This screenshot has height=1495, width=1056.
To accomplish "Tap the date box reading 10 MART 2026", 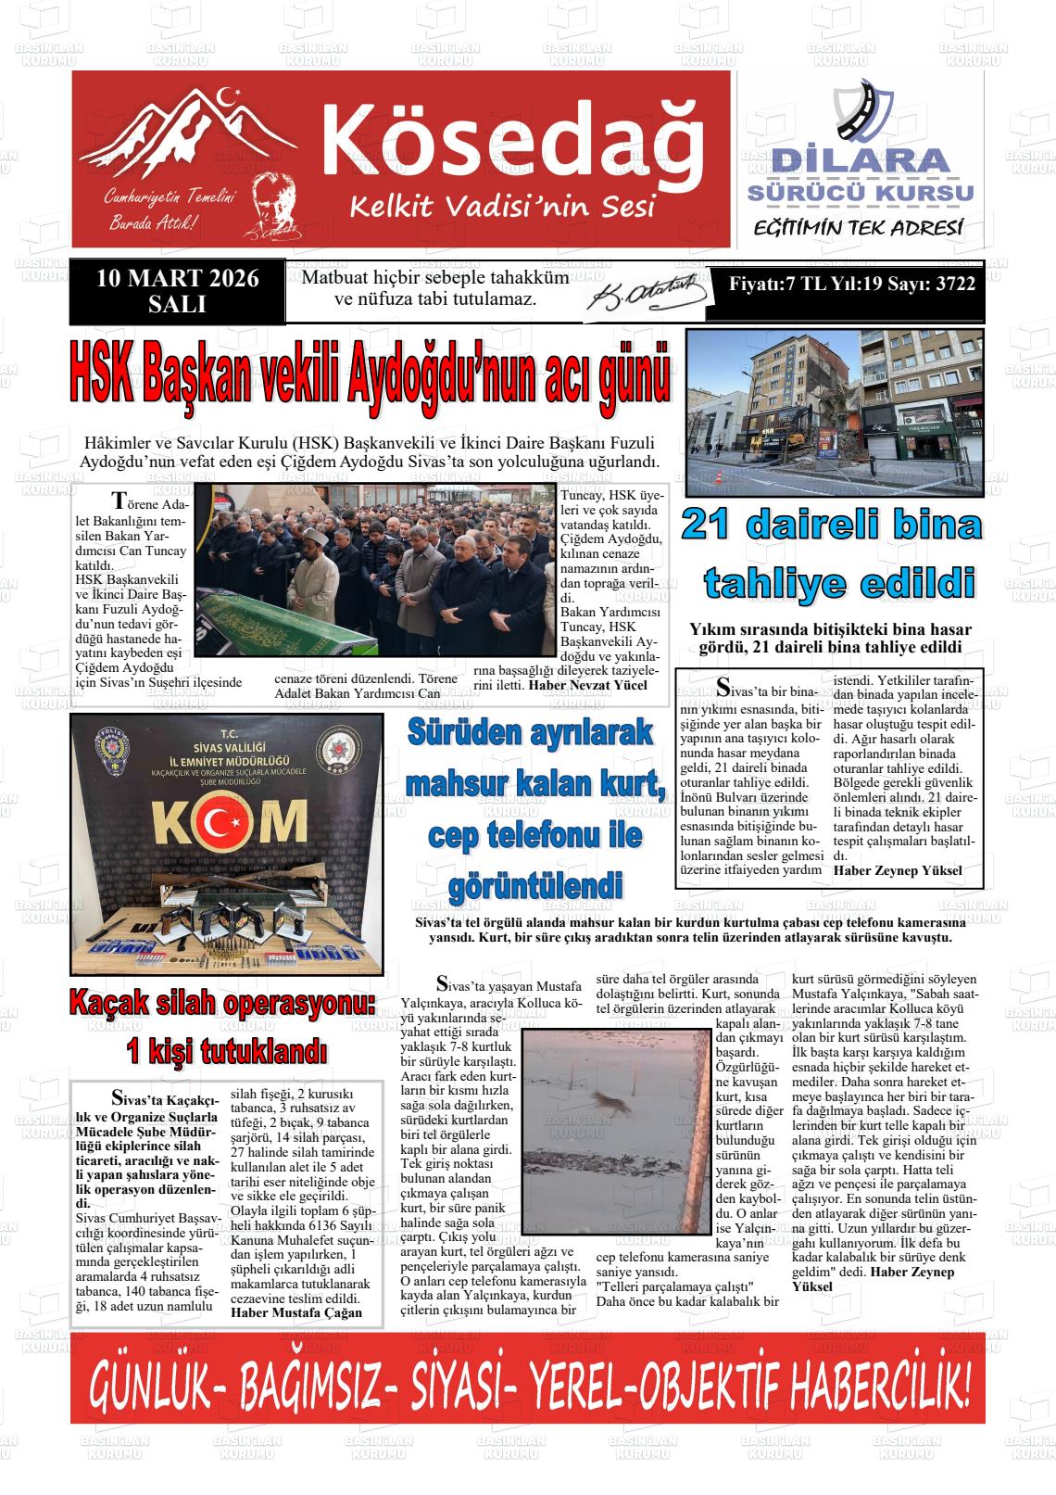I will click(177, 279).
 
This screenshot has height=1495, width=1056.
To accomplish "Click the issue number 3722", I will click(954, 284).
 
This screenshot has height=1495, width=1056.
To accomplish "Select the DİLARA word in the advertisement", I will click(861, 159).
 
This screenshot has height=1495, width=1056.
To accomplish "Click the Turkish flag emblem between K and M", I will click(226, 818).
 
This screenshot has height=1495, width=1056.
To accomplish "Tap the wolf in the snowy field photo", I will click(610, 1104).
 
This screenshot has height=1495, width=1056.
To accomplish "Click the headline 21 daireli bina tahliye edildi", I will click(830, 554).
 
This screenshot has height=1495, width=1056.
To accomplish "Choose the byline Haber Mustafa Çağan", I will click(296, 1312).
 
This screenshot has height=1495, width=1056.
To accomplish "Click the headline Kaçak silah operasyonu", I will click(222, 1002).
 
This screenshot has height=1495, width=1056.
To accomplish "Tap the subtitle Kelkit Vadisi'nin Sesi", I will click(502, 207).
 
